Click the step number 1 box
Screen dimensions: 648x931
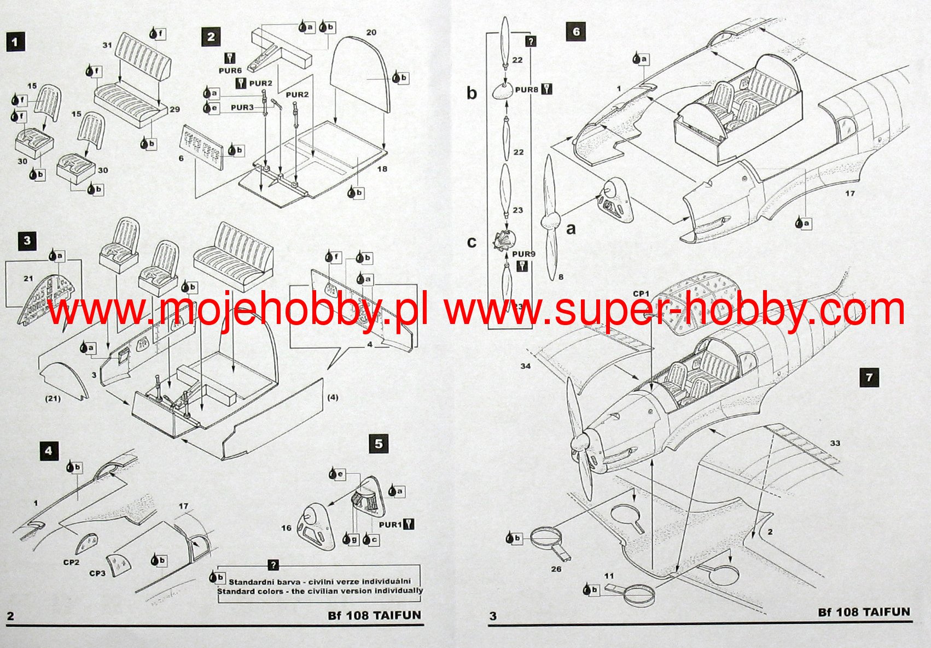[x=15, y=42]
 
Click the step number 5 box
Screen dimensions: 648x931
[x=379, y=444]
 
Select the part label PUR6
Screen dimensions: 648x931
[x=230, y=70]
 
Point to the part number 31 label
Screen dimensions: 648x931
[x=107, y=45]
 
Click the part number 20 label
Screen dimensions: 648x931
[x=371, y=33]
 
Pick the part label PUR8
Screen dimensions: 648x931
[x=527, y=90]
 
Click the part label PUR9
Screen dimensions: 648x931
[x=523, y=254]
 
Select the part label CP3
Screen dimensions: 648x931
[x=97, y=573]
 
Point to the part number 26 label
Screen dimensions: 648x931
[x=556, y=569]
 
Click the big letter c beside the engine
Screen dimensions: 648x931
[x=472, y=242]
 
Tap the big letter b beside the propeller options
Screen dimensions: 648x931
[x=472, y=93]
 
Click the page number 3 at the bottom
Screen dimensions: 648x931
[x=493, y=616]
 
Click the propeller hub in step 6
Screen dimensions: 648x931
[x=549, y=221]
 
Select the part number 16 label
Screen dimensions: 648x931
[x=286, y=528]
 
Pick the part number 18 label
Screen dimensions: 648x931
[x=382, y=169]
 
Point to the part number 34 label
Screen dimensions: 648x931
[x=525, y=366]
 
